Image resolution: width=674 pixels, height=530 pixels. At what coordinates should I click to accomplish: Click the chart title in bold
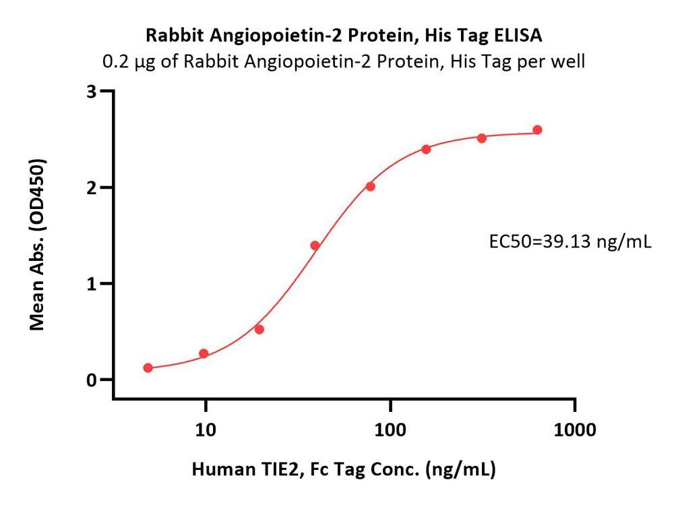(x=344, y=34)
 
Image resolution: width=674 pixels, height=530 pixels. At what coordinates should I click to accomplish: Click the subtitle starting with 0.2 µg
(x=344, y=62)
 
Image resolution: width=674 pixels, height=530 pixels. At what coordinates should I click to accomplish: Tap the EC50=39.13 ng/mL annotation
(x=570, y=241)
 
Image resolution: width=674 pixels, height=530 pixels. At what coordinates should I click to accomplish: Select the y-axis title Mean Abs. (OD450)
(x=38, y=244)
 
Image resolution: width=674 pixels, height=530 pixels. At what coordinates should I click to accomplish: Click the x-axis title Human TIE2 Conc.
(x=344, y=469)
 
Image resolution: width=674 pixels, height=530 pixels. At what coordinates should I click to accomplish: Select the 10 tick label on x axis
(x=206, y=430)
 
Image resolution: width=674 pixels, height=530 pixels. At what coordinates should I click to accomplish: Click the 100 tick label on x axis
(x=390, y=430)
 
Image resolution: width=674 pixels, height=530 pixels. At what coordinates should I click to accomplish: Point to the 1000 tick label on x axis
(x=574, y=430)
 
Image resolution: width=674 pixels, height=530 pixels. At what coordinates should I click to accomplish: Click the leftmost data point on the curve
(x=148, y=367)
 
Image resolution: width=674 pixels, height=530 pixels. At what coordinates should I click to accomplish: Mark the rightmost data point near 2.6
(x=537, y=130)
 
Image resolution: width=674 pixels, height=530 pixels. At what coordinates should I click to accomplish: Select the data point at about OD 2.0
(x=370, y=186)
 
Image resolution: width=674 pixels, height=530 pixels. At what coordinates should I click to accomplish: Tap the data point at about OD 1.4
(x=315, y=245)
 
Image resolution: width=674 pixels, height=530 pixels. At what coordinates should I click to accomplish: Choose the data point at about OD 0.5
(x=259, y=329)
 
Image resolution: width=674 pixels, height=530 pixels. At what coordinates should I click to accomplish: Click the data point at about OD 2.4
(x=426, y=149)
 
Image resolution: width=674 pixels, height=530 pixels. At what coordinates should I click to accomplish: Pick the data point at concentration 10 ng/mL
(x=204, y=353)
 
